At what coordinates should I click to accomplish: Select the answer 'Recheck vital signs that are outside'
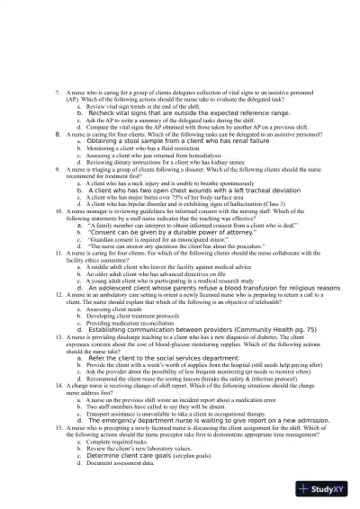coord(179,114)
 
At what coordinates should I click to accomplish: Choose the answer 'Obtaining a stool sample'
coord(159,141)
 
